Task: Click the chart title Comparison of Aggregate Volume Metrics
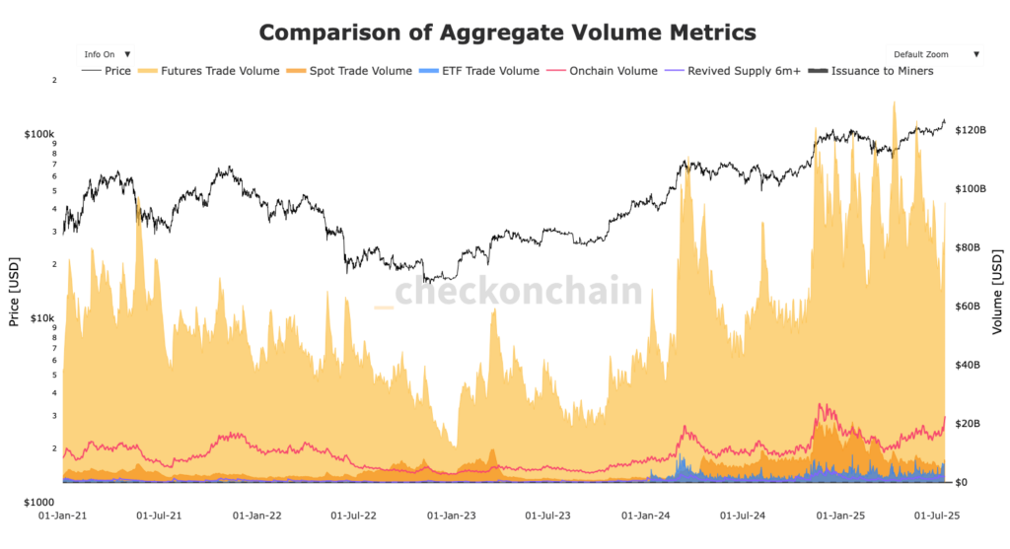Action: (x=507, y=33)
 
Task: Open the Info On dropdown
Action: (x=108, y=54)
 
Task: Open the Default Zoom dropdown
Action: (x=934, y=54)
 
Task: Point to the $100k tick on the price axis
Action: (x=40, y=133)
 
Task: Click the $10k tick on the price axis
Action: (x=43, y=318)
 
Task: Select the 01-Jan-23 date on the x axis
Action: (x=451, y=515)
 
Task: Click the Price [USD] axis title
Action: (x=13, y=292)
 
